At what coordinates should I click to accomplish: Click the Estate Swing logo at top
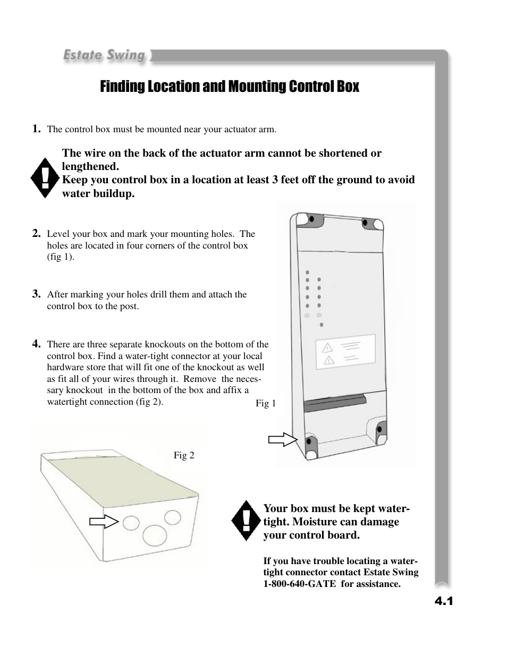pyautogui.click(x=104, y=55)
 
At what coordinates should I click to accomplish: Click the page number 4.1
pyautogui.click(x=443, y=601)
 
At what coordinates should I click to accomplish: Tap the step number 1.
pyautogui.click(x=36, y=128)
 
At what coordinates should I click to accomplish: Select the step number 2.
pyautogui.click(x=36, y=233)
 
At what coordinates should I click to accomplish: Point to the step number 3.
pyautogui.click(x=36, y=293)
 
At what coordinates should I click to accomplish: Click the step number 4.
pyautogui.click(x=36, y=343)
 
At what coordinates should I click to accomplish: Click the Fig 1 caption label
pyautogui.click(x=266, y=403)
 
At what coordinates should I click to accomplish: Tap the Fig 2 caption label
pyautogui.click(x=184, y=455)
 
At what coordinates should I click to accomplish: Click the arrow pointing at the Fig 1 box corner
pyautogui.click(x=282, y=440)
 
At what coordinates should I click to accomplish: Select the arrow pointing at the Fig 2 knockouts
pyautogui.click(x=103, y=522)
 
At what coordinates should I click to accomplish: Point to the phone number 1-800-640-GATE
pyautogui.click(x=300, y=584)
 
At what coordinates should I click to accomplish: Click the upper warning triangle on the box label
pyautogui.click(x=328, y=348)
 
